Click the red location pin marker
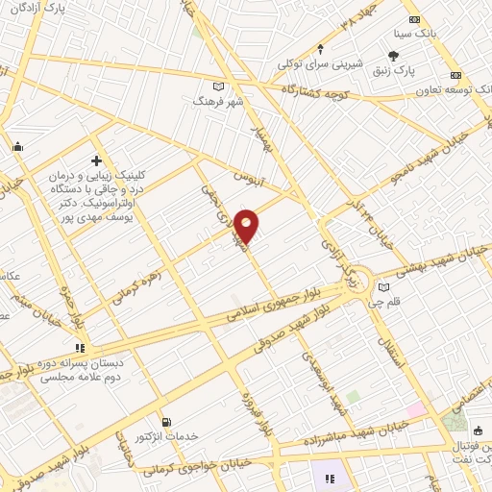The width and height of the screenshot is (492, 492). (247, 226)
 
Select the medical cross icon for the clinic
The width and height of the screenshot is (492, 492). (97, 161)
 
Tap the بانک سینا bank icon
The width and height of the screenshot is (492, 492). (414, 20)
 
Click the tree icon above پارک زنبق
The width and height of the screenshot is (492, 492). (393, 56)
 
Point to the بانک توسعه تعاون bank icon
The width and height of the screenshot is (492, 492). (456, 75)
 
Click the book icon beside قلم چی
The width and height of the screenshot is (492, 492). (385, 286)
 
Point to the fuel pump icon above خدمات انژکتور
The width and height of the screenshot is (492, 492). (167, 421)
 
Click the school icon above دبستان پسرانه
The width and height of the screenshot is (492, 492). (80, 348)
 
